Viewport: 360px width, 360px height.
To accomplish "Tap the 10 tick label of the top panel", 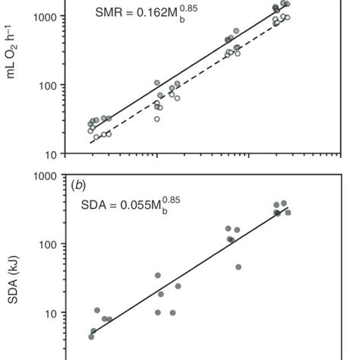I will click(x=50, y=154).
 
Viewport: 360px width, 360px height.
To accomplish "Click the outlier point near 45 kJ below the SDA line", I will click(x=238, y=267).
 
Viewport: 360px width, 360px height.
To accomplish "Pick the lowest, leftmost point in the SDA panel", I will click(x=91, y=336).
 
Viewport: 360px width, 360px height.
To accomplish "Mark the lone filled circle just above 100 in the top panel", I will click(x=157, y=83).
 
